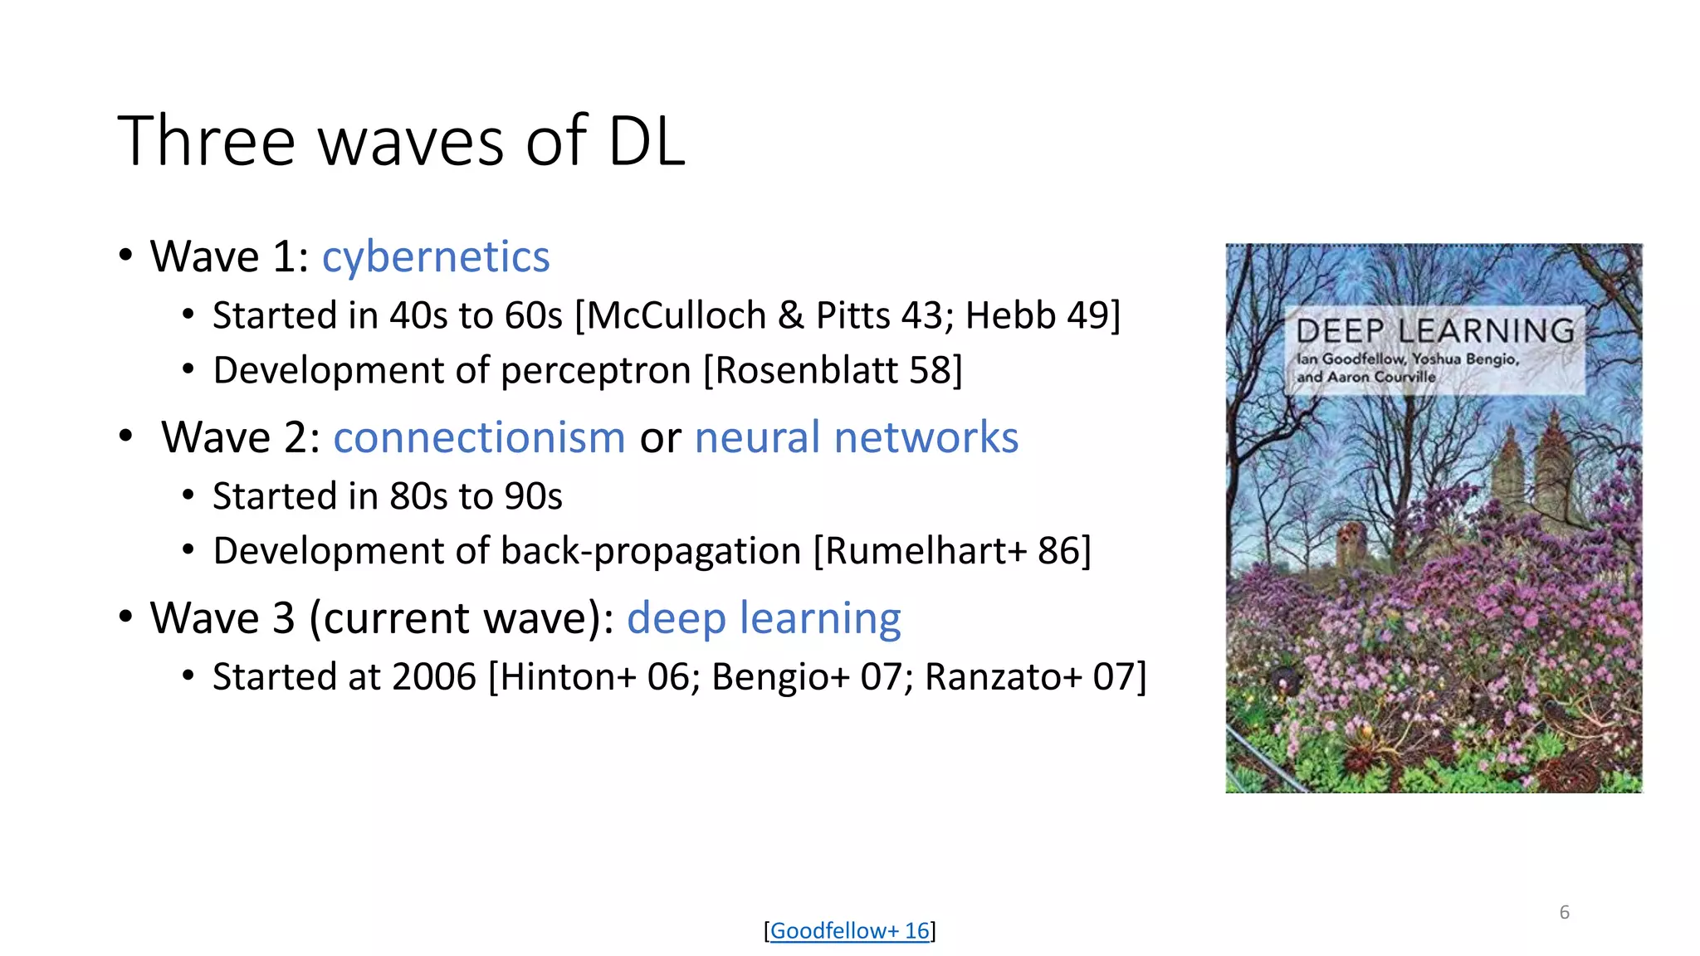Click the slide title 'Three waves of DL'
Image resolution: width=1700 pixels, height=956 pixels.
coord(401,141)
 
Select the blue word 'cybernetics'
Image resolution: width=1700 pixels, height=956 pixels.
coord(436,256)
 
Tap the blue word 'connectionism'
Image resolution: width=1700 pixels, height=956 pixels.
coord(479,437)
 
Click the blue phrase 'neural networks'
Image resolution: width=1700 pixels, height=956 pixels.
coord(856,437)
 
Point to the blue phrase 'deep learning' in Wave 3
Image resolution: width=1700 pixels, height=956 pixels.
coord(764,618)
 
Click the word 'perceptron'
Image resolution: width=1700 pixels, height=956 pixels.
coord(596,370)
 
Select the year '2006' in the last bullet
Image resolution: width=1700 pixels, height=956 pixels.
coord(434,677)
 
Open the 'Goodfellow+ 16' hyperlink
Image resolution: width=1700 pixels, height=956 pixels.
coord(849,931)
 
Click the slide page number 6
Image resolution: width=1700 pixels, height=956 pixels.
coord(1564,912)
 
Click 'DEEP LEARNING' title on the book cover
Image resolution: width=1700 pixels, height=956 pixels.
coord(1434,331)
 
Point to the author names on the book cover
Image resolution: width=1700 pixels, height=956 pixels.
coord(1407,368)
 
